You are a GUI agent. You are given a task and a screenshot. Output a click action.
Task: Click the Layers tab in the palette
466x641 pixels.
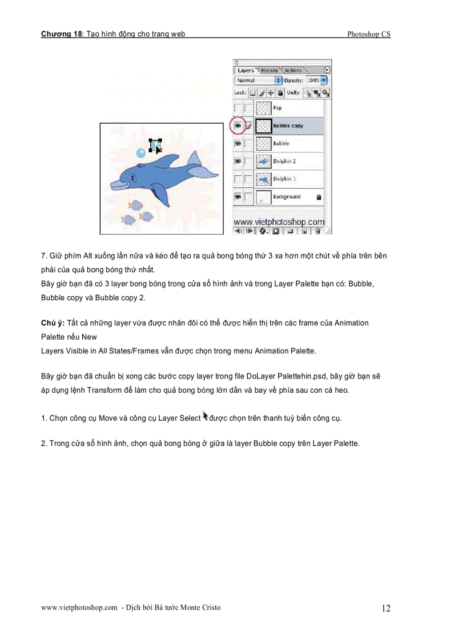pyautogui.click(x=246, y=70)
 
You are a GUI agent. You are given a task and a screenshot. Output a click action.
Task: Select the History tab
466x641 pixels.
pyautogui.click(x=269, y=70)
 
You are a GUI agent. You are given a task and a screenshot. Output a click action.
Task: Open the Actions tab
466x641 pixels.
pyautogui.click(x=293, y=70)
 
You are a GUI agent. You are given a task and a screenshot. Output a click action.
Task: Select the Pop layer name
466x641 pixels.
pyautogui.click(x=278, y=107)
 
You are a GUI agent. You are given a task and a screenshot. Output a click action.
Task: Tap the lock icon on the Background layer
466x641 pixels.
pyautogui.click(x=319, y=197)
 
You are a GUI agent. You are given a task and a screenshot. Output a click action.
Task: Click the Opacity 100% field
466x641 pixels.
pyautogui.click(x=313, y=81)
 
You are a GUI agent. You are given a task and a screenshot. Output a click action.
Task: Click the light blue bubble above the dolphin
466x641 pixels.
pyautogui.click(x=141, y=152)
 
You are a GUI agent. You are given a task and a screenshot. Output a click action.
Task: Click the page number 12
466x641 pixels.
pyautogui.click(x=386, y=608)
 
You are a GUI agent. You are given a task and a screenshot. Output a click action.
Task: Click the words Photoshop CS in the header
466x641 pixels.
pyautogui.click(x=368, y=34)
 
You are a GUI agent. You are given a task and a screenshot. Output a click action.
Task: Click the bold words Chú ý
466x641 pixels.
pyautogui.click(x=53, y=323)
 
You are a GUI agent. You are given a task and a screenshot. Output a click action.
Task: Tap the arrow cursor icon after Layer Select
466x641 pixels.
pyautogui.click(x=206, y=417)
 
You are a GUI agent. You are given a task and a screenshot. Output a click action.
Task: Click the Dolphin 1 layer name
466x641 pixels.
pyautogui.click(x=284, y=179)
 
